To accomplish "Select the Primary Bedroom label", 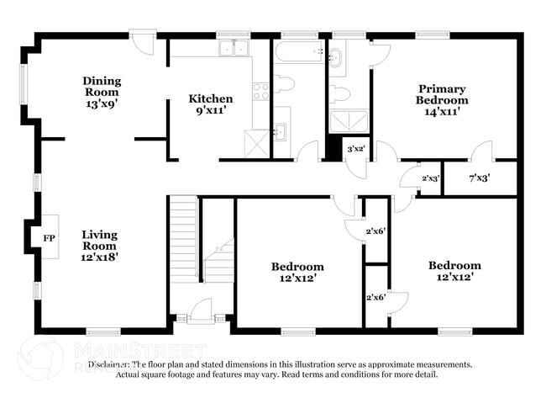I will pyautogui.click(x=442, y=93).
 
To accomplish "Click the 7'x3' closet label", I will pyautogui.click(x=479, y=178).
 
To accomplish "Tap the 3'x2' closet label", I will pyautogui.click(x=354, y=149).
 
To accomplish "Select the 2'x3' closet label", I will pyautogui.click(x=431, y=178).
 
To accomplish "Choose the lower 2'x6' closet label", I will pyautogui.click(x=375, y=297).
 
